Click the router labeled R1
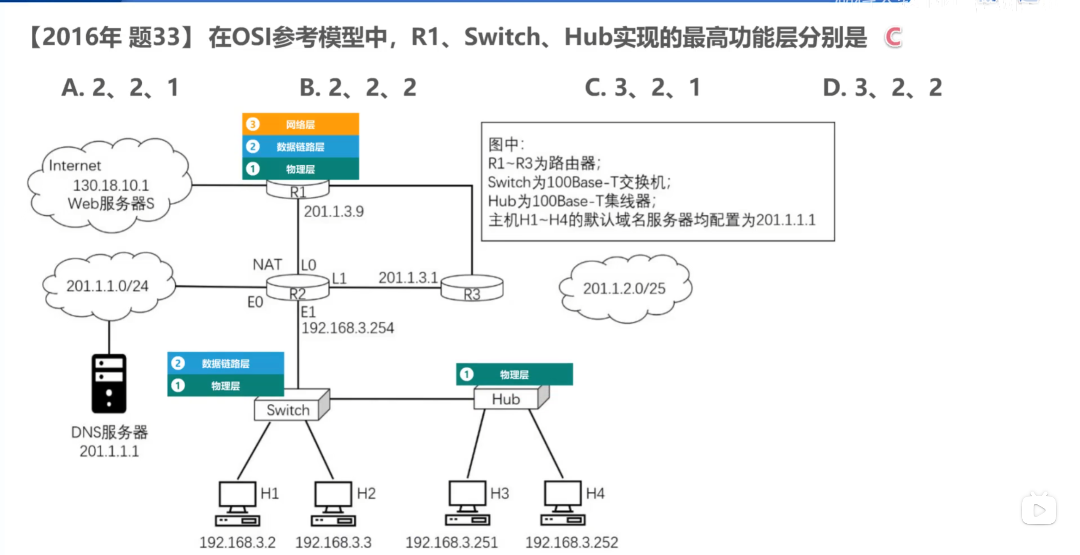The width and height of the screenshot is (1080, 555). [x=298, y=190]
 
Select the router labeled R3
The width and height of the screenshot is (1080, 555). [x=472, y=289]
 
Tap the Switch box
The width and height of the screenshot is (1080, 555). [x=288, y=409]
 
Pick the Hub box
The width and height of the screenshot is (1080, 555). [x=506, y=399]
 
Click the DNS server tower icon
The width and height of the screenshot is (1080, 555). [x=109, y=383]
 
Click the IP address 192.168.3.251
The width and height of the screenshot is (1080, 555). [x=452, y=542]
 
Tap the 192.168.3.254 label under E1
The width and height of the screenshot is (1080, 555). [x=348, y=328]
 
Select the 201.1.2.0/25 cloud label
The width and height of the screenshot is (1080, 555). [x=624, y=288]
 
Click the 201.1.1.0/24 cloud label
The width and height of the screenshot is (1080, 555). [x=107, y=286]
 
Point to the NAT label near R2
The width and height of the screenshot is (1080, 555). [x=267, y=264]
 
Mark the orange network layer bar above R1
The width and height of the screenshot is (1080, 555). [x=300, y=124]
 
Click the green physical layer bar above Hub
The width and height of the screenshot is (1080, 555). [x=514, y=374]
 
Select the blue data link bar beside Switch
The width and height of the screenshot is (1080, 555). [x=225, y=363]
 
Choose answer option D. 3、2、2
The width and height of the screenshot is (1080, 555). [x=882, y=87]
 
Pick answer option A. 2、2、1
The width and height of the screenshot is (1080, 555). [x=120, y=87]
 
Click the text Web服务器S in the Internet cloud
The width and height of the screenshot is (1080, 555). [x=111, y=204]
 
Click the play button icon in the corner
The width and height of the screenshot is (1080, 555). [x=1039, y=510]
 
